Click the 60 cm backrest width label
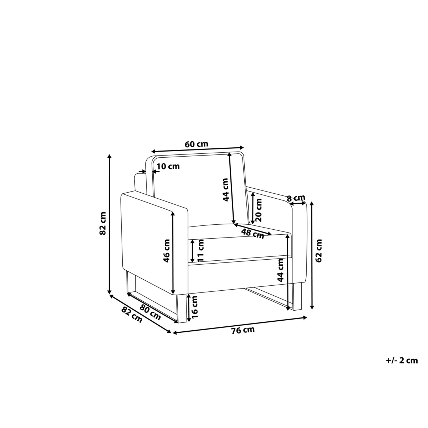coord(196,144)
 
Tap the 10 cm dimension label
coord(168,166)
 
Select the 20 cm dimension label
coord(259,210)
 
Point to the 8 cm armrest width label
coord(296,198)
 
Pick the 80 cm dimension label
coord(150,312)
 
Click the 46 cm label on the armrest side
coord(166,251)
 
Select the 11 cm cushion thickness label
coord(200,250)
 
